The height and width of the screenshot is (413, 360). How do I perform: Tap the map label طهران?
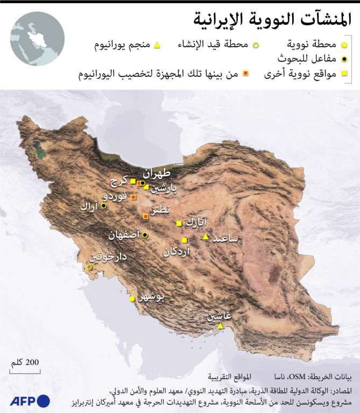point(156,174)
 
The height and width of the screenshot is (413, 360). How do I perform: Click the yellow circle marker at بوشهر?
point(132,299)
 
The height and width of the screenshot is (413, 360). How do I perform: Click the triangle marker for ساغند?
point(205,237)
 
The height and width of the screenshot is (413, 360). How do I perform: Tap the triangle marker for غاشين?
point(220,326)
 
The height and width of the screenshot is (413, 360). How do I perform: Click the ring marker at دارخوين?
point(89,267)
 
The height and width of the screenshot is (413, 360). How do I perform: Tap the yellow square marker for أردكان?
point(184,240)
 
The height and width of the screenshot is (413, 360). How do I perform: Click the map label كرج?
point(117,181)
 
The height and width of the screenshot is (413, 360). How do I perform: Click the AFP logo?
point(30,400)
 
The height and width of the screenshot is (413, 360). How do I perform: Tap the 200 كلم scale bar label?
point(25,362)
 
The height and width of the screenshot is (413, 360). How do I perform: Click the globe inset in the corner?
point(37,39)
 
